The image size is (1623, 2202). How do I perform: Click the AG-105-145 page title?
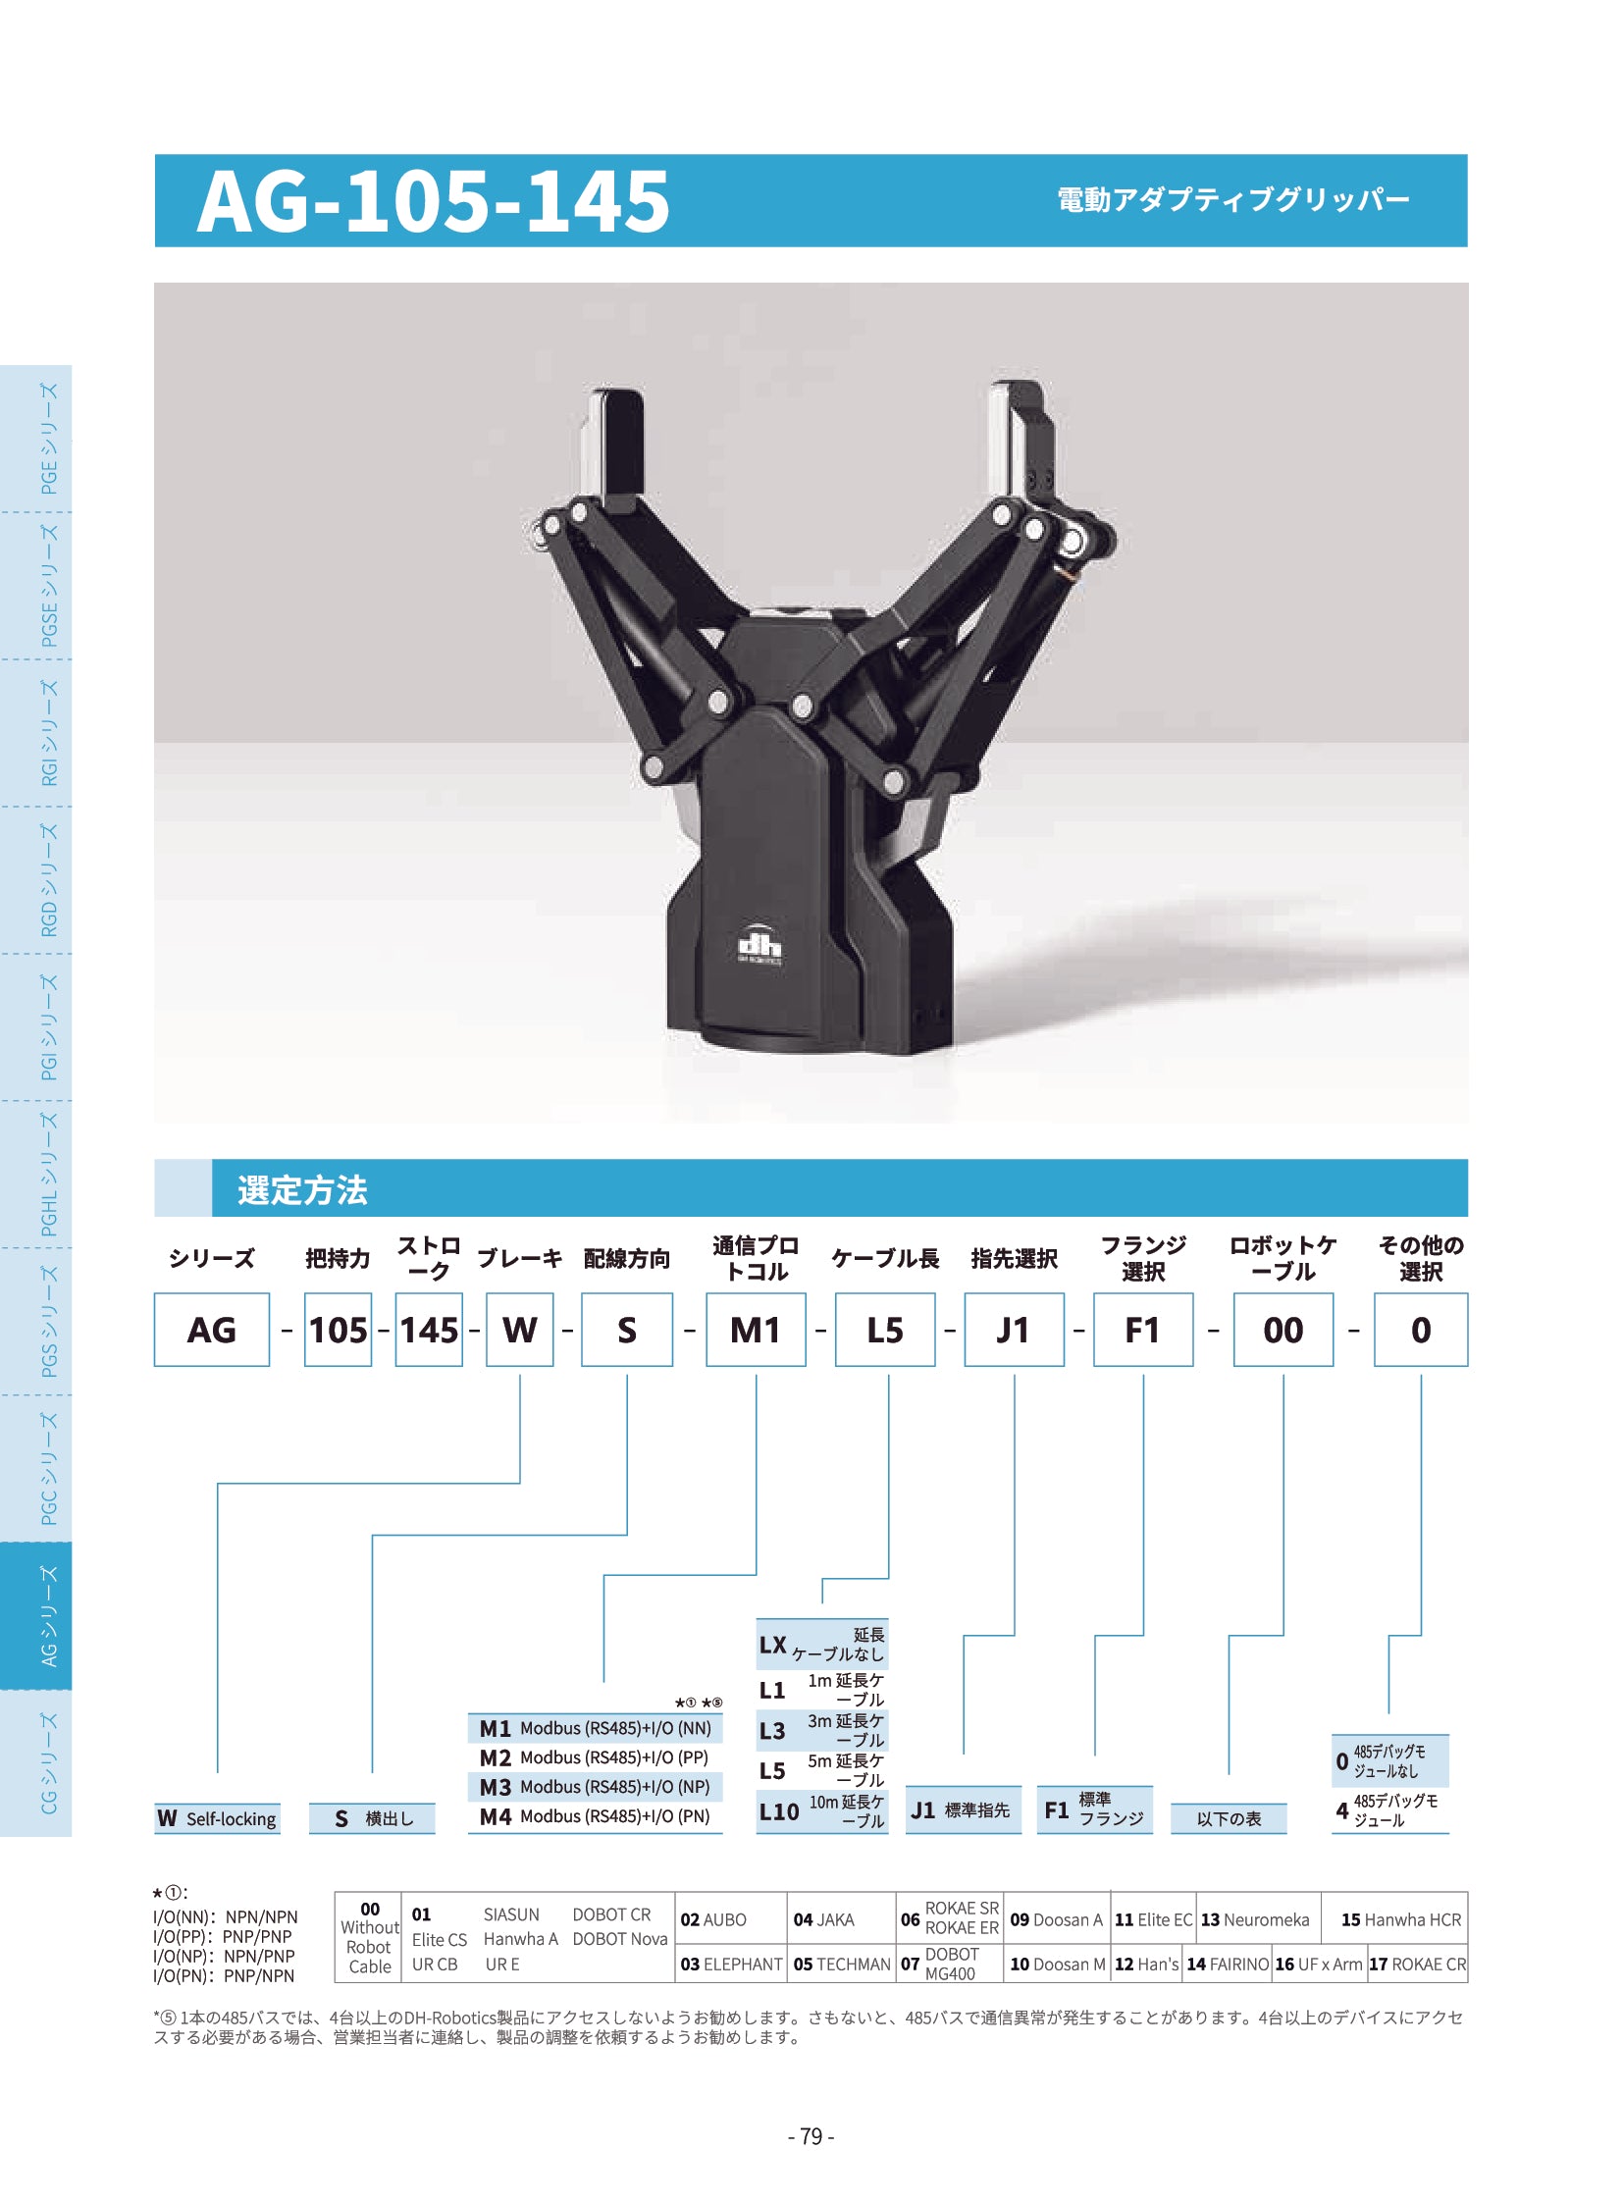[434, 201]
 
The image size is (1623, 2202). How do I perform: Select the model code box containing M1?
[756, 1330]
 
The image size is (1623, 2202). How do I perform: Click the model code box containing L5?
[884, 1330]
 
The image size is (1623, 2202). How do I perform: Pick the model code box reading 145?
[429, 1330]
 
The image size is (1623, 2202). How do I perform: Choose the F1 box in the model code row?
[1142, 1330]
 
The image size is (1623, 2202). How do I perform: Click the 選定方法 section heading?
[302, 1190]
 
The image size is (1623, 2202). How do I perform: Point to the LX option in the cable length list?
[772, 1645]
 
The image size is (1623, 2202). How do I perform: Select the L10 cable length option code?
[778, 1811]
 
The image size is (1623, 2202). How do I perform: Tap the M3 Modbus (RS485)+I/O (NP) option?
[595, 1786]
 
